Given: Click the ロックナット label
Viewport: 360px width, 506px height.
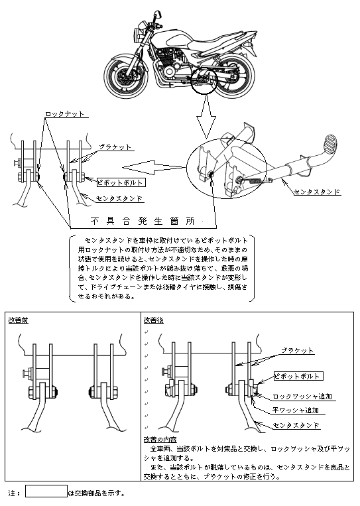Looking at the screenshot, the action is click(64, 113).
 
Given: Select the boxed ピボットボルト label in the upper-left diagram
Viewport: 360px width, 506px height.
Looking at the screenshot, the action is click(121, 182).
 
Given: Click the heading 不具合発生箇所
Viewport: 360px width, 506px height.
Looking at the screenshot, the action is click(143, 221).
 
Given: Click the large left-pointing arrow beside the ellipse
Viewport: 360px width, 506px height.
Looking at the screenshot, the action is click(154, 167).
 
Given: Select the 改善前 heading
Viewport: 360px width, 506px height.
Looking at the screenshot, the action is click(18, 320).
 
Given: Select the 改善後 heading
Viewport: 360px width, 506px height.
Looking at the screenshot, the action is click(154, 320).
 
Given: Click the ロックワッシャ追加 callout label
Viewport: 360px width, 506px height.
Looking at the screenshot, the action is click(302, 397).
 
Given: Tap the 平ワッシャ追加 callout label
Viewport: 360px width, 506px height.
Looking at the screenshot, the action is click(296, 410).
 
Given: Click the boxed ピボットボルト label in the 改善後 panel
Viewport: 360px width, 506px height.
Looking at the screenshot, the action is click(298, 376).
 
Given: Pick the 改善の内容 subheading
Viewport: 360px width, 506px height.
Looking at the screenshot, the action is click(160, 440).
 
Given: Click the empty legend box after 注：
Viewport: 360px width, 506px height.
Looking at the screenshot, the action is click(46, 491).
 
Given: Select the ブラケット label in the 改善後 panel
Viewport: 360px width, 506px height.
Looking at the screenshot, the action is click(297, 351).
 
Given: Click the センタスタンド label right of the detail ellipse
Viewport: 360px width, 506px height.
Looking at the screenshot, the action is click(318, 192).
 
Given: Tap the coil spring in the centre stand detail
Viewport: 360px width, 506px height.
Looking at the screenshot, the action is click(255, 180).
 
